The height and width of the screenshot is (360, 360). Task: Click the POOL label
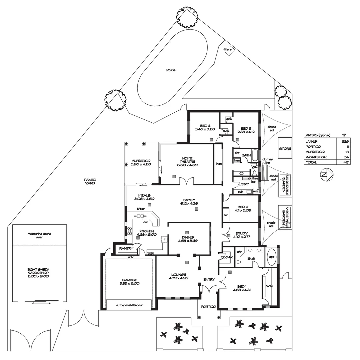tap(171, 70)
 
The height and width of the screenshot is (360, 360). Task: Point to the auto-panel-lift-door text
tap(129, 305)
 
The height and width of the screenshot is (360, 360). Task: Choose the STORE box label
tap(285, 149)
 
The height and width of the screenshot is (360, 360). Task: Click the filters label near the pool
tap(228, 49)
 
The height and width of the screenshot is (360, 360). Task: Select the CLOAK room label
tap(227, 257)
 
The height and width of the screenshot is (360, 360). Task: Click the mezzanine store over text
tap(39, 236)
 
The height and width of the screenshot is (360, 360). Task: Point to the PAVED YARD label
tap(90, 181)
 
